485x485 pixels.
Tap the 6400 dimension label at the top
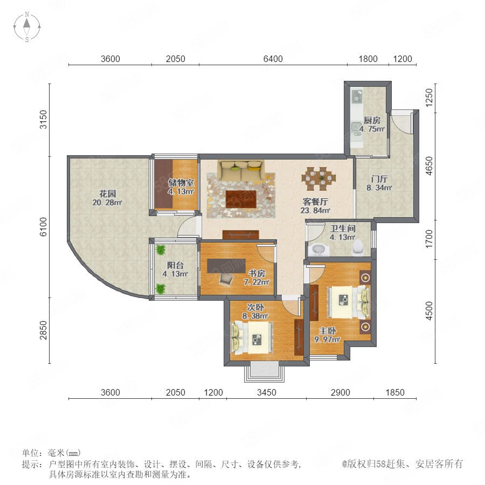273,59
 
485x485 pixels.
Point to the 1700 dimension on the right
429,239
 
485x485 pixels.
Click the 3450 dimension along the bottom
266,392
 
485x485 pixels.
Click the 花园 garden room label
107,194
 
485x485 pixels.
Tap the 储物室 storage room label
181,183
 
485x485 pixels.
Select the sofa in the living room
241,170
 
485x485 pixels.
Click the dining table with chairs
318,179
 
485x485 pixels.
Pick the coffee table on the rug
241,199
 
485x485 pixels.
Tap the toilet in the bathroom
358,247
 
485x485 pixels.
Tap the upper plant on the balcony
161,250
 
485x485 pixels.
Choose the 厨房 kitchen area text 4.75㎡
372,129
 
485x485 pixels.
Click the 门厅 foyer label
379,179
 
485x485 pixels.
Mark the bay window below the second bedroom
265,373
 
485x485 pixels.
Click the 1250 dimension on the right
429,98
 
